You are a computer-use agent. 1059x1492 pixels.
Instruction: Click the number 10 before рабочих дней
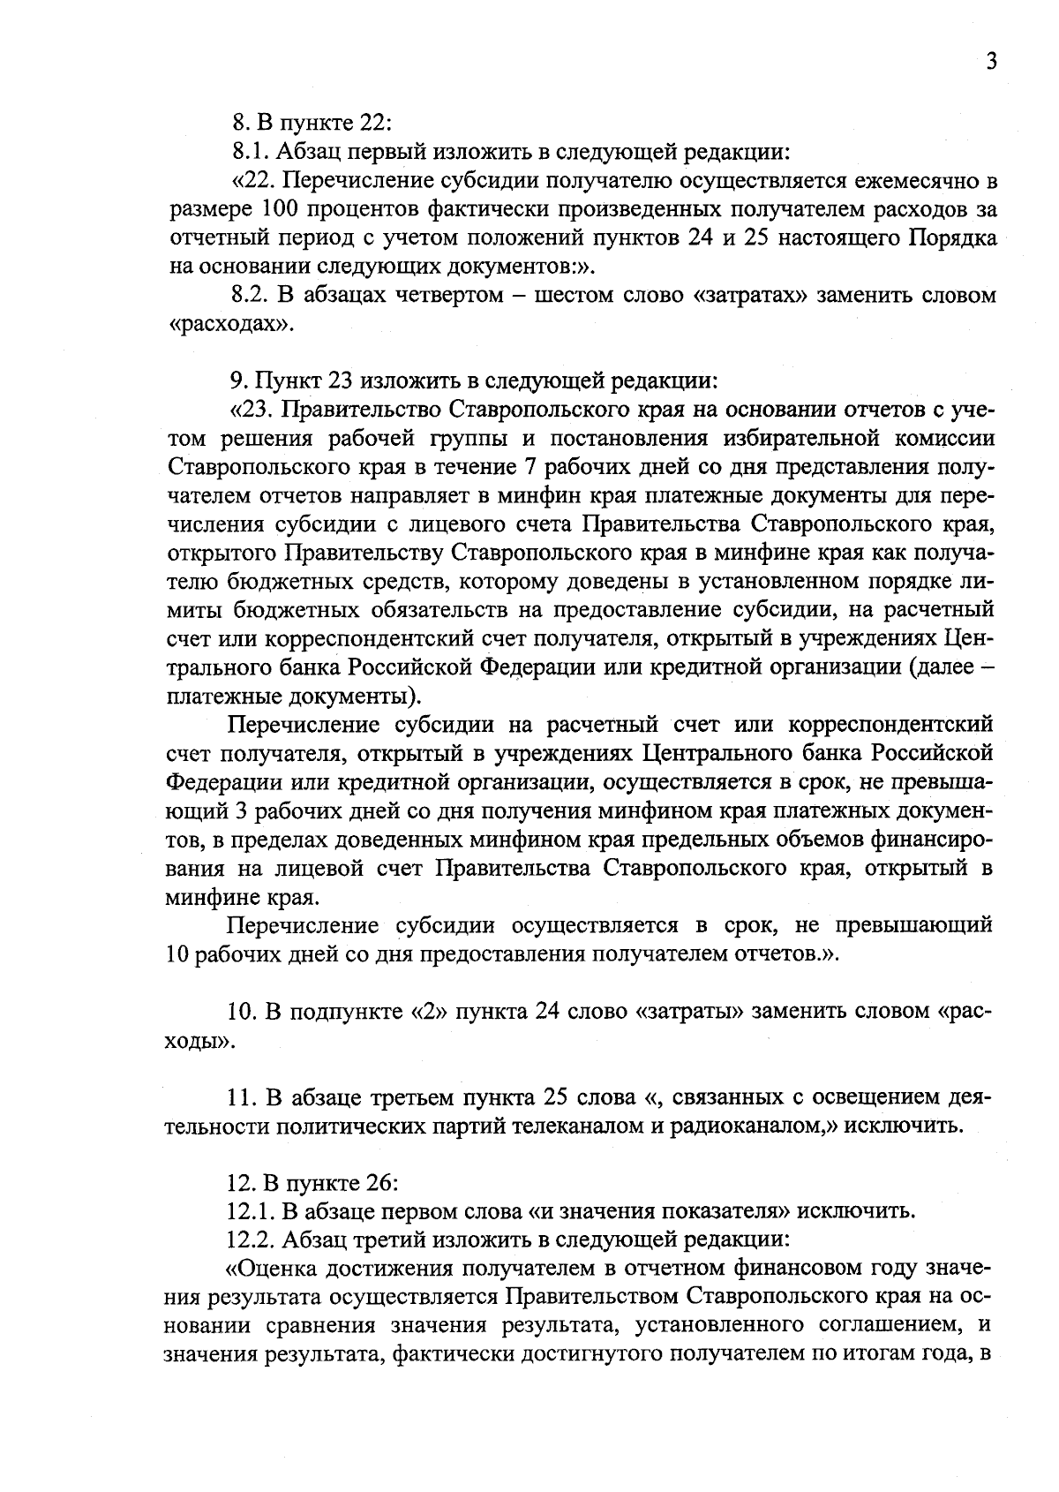coord(176,955)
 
